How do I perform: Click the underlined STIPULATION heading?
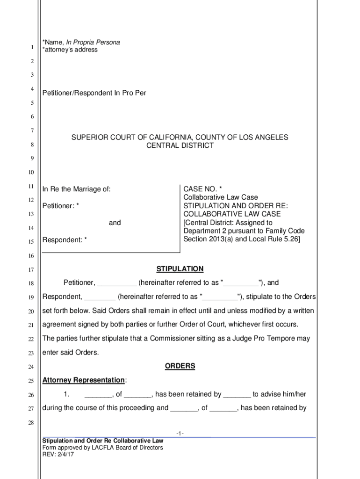(x=180, y=269)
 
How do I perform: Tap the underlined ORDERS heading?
(x=180, y=366)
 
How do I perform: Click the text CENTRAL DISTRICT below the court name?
(x=180, y=145)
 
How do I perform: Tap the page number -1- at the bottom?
(x=180, y=434)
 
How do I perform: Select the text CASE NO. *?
(x=202, y=189)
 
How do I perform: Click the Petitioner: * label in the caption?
(x=61, y=206)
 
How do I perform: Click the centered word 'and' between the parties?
(x=115, y=223)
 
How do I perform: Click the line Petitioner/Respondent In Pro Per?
(x=94, y=93)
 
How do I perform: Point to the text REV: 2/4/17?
(x=55, y=454)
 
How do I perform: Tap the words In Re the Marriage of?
(x=77, y=189)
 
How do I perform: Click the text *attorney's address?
(x=70, y=50)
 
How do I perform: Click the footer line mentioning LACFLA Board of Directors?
(x=103, y=448)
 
